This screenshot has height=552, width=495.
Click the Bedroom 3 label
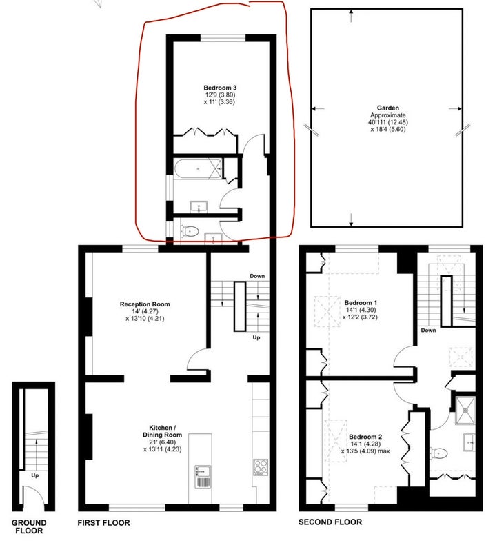220,88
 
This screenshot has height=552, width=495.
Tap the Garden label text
388,108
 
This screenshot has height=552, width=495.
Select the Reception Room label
145,304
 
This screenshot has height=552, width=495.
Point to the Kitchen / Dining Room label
162,431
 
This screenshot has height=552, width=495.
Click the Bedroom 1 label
361,303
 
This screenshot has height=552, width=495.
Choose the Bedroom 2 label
365,437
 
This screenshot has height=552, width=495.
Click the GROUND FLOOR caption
29,526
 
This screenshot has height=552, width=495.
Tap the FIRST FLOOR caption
104,523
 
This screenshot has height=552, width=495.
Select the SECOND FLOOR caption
330,522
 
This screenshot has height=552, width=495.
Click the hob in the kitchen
261,468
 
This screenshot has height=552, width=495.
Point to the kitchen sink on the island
203,477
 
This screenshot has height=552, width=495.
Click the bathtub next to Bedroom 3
198,169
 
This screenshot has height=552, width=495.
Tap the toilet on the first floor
190,231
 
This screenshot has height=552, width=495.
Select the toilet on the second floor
438,453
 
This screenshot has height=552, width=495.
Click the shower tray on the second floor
465,410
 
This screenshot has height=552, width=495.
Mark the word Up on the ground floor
35,475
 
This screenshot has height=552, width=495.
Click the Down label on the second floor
428,331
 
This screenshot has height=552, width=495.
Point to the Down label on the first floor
257,276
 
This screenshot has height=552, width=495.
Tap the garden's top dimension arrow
351,16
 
